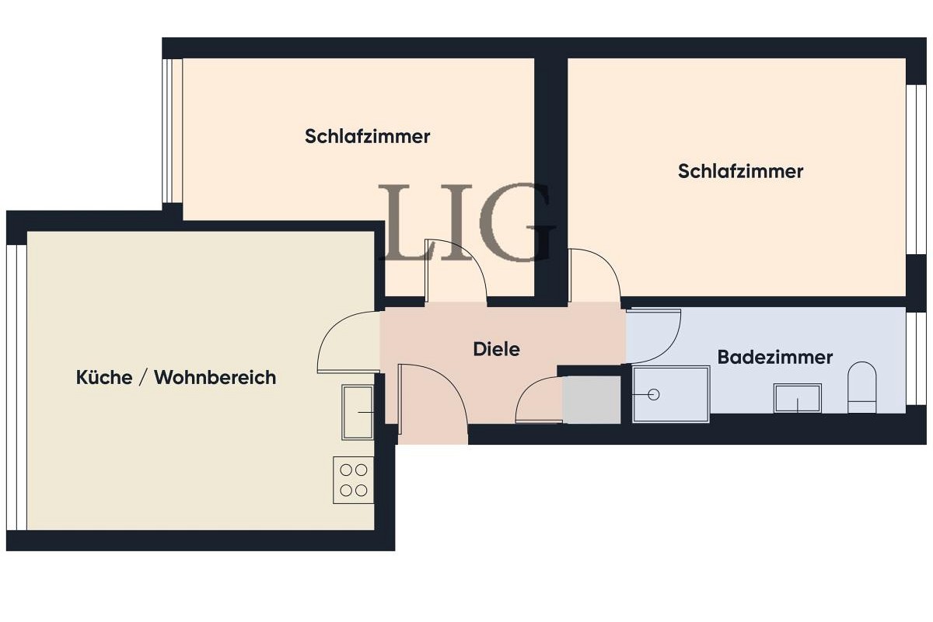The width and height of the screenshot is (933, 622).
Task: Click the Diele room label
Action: (496, 349)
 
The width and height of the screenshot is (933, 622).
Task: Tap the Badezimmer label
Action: (774, 358)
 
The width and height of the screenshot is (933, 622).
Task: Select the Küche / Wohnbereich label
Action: (176, 378)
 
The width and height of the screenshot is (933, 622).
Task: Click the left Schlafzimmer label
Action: (367, 137)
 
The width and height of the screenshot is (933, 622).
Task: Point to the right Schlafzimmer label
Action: (740, 171)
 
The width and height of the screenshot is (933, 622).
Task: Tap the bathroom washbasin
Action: (798, 398)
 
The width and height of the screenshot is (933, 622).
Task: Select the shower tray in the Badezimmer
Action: (671, 395)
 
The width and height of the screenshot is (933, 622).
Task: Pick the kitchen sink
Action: (358, 411)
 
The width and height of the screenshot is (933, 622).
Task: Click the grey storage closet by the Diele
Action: (592, 400)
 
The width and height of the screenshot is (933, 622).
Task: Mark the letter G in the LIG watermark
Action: (517, 223)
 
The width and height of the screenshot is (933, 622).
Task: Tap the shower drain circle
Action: (653, 395)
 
